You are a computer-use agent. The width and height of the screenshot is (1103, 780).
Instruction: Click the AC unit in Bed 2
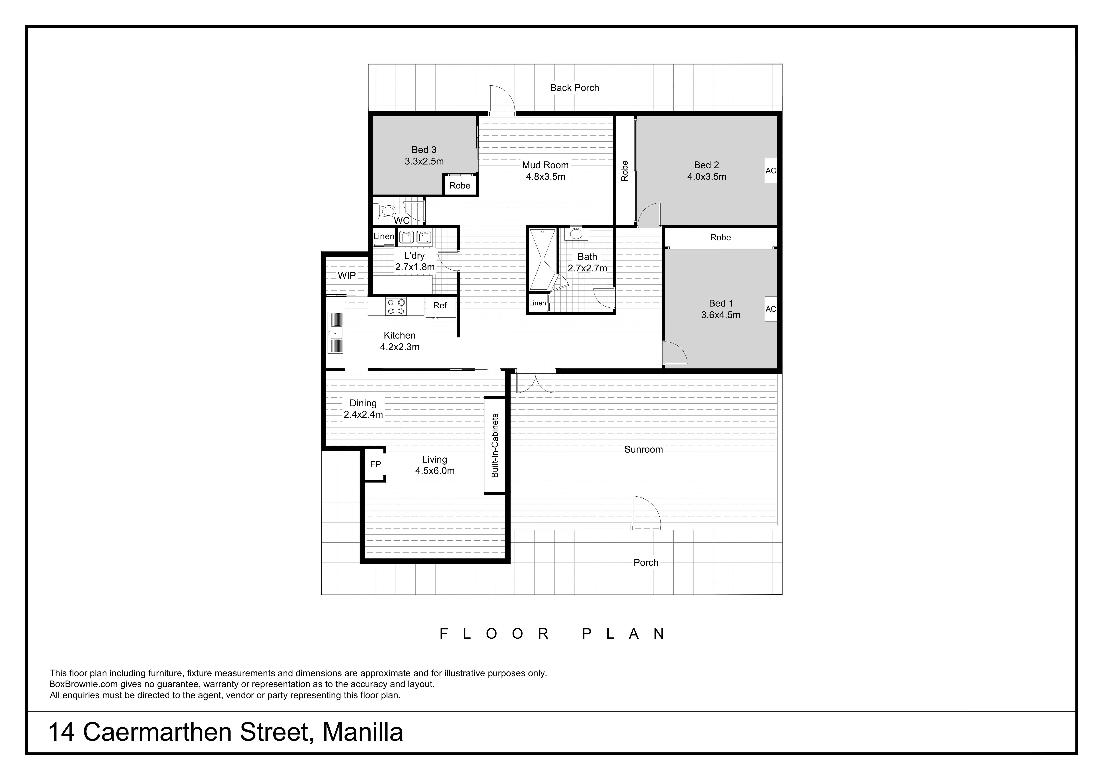pos(771,171)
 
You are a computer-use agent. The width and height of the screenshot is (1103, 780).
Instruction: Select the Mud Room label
pos(545,165)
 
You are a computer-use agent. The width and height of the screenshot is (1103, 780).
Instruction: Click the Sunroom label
pos(643,449)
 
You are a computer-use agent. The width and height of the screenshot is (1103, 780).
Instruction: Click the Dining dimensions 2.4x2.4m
pos(363,414)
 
